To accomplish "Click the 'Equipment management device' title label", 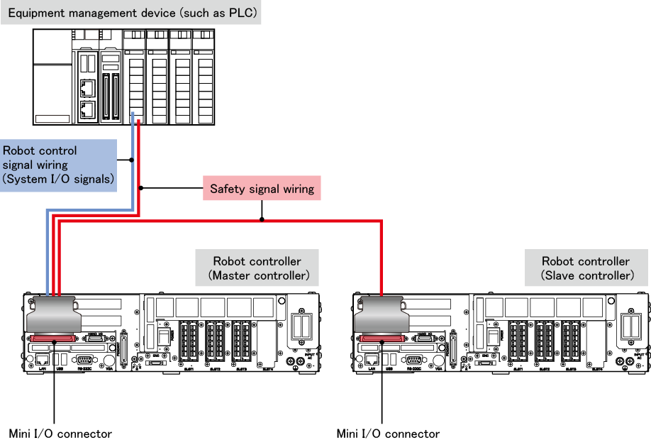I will (132, 13).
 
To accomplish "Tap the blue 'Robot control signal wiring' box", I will (59, 165).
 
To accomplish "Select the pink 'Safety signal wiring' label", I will (262, 189).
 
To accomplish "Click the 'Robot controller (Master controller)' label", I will (257, 268).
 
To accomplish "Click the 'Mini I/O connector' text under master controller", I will (60, 433).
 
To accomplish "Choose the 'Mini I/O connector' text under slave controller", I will (388, 433).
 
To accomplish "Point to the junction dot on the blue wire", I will (133, 160).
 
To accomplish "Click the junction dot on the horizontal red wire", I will (262, 220).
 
